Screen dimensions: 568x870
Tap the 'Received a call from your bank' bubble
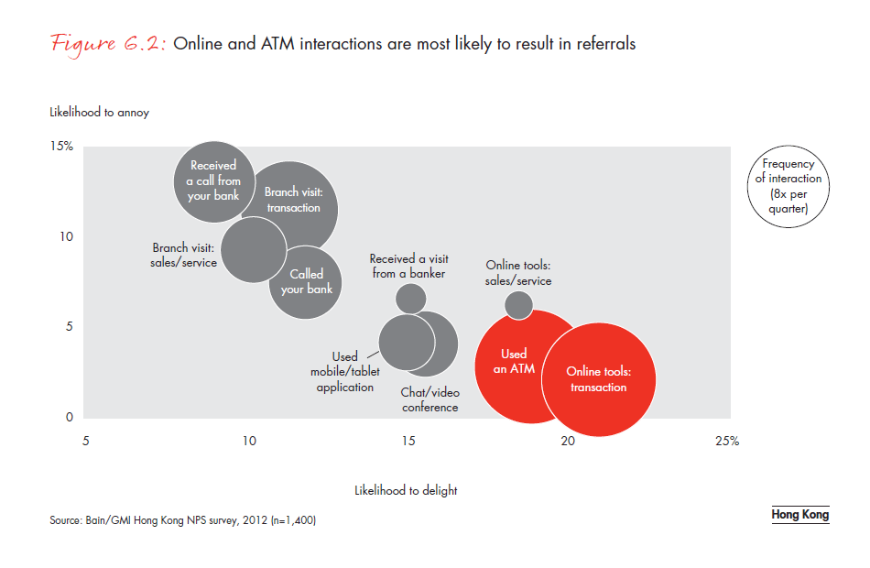tap(212, 180)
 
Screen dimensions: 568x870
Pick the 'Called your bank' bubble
tap(306, 282)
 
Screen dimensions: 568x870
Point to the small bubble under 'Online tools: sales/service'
tap(518, 305)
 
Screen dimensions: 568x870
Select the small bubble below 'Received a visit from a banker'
tap(410, 298)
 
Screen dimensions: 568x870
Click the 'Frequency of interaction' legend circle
tap(788, 186)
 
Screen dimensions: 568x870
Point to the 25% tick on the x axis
tap(726, 441)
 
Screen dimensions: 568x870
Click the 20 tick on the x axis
tap(568, 441)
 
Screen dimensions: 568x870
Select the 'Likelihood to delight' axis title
tap(406, 490)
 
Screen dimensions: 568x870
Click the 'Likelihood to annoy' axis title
tap(99, 113)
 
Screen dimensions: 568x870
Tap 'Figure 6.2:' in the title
tap(107, 43)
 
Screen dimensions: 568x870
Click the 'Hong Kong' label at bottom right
tap(799, 514)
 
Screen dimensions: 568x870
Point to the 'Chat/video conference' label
tap(430, 399)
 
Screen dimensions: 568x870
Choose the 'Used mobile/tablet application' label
tap(345, 372)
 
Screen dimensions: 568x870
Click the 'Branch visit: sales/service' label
tap(184, 256)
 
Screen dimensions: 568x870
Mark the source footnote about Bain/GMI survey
tap(183, 520)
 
